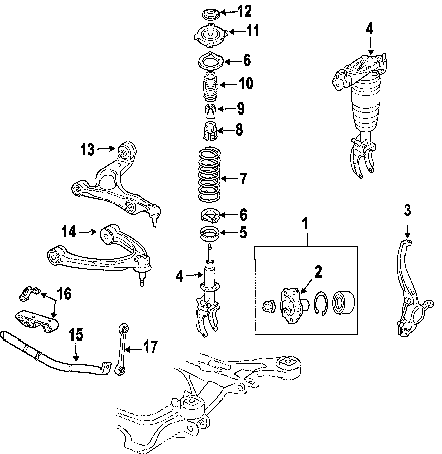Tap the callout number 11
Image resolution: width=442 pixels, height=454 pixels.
click(x=252, y=31)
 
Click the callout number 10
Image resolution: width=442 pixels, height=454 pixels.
click(x=246, y=83)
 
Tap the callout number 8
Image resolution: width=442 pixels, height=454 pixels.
click(x=239, y=129)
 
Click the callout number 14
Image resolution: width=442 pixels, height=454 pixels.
click(x=69, y=232)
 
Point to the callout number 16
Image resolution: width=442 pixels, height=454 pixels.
click(x=64, y=294)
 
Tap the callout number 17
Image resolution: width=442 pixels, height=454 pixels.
click(x=150, y=347)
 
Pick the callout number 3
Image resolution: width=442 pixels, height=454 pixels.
click(x=407, y=210)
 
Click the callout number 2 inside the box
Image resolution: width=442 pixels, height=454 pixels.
click(x=318, y=272)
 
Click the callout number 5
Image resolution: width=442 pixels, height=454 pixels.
click(x=243, y=233)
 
